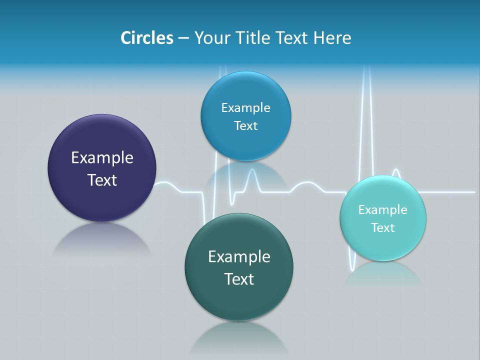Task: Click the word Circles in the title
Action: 146,38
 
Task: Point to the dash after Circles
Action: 183,38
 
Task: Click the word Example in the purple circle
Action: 102,158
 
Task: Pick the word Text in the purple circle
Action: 102,180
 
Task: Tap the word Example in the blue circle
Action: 245,108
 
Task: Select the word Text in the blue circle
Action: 245,125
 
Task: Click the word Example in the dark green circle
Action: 239,257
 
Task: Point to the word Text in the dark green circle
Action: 239,279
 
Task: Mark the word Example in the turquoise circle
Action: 383,210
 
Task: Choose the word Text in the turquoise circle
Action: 383,228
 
